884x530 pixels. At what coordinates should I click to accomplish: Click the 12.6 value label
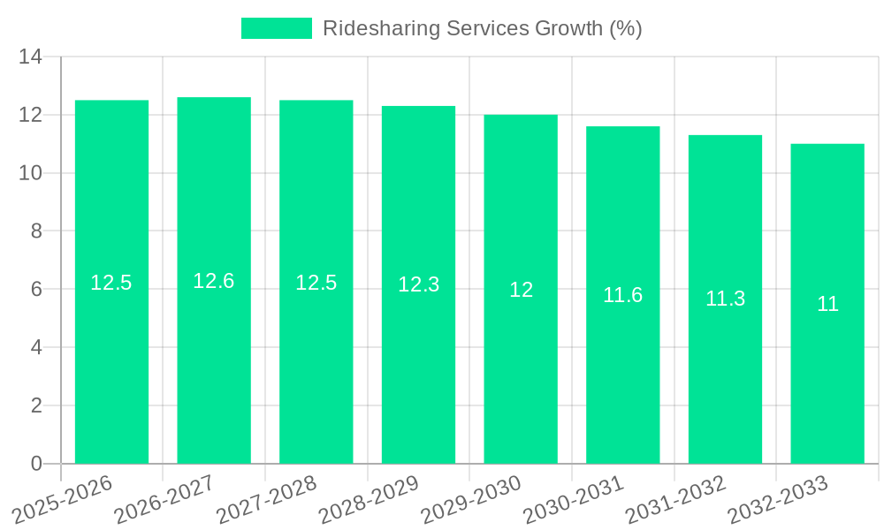coord(214,281)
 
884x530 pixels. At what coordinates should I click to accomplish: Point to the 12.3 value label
coord(418,284)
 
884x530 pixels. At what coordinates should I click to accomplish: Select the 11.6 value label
coord(623,295)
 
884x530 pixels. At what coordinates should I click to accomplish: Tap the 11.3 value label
coord(725,299)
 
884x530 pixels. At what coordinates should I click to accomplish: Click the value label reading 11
coord(827,304)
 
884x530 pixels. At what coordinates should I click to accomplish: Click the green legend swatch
coord(277,28)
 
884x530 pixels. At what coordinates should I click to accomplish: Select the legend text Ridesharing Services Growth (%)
coord(482,28)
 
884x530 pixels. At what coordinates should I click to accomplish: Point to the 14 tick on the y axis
coord(31,57)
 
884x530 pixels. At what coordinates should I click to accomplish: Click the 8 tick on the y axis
coord(36,231)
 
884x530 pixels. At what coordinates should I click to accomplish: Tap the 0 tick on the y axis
coord(36,464)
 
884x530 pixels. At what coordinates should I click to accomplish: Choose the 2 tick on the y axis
coord(36,405)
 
